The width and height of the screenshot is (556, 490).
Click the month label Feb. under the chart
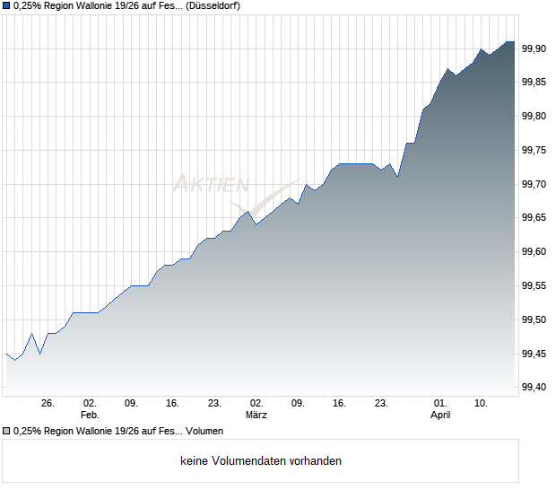tap(89, 416)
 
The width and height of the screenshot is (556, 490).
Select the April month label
tap(439, 416)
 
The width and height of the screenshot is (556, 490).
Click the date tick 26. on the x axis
tap(48, 404)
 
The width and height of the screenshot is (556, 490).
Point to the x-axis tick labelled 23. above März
tap(214, 404)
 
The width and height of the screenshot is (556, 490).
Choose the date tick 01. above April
tap(439, 404)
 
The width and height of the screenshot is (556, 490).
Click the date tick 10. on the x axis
tap(482, 404)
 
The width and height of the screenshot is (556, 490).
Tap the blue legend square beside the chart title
tap(6, 5)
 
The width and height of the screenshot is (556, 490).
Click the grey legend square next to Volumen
tap(6, 431)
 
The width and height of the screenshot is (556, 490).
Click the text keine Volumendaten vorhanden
tap(261, 461)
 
